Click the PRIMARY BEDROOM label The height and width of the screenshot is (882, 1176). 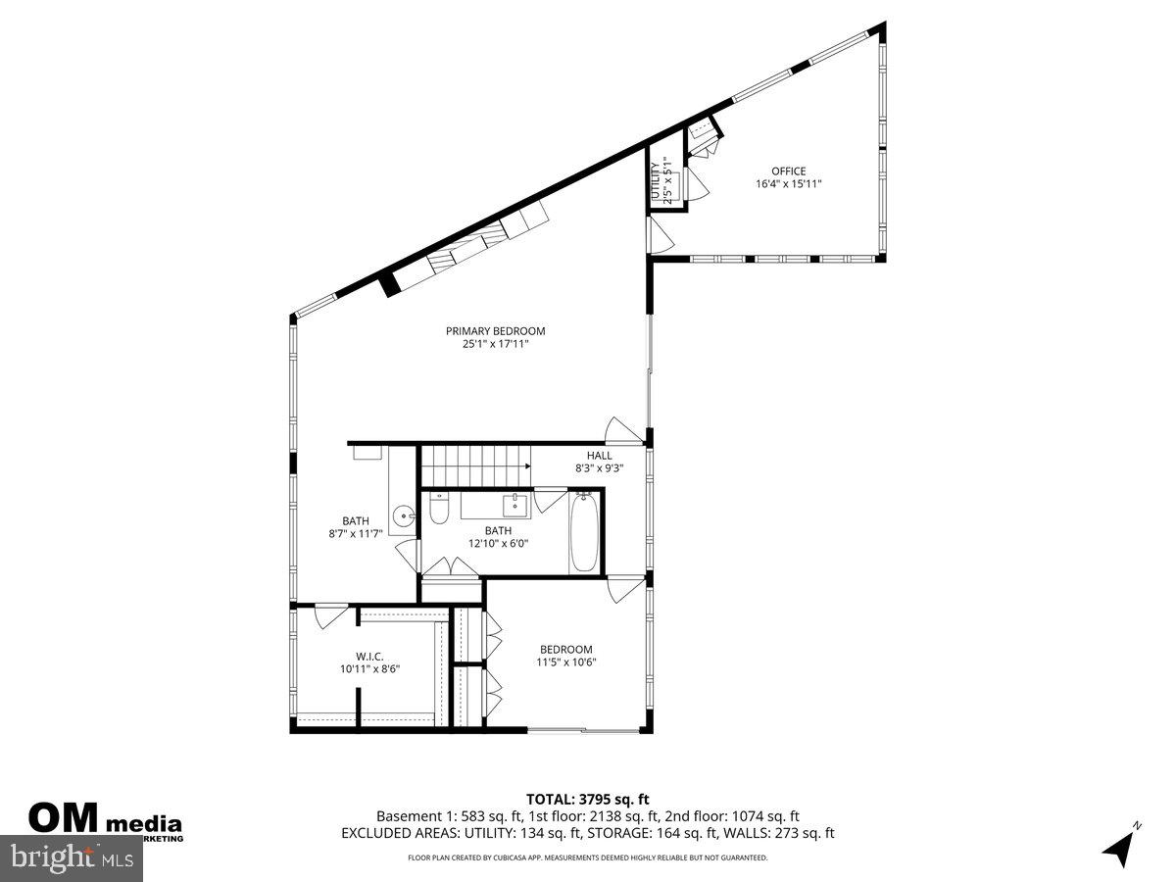[495, 331]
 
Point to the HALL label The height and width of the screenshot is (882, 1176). [600, 456]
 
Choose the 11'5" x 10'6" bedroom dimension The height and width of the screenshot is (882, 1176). [566, 662]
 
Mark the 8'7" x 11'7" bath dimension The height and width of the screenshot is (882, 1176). [355, 534]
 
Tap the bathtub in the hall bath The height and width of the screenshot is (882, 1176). [584, 533]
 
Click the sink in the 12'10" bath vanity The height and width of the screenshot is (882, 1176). [515, 507]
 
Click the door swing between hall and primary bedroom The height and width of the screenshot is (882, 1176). [621, 430]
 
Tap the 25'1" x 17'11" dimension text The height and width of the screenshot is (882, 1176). [495, 344]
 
